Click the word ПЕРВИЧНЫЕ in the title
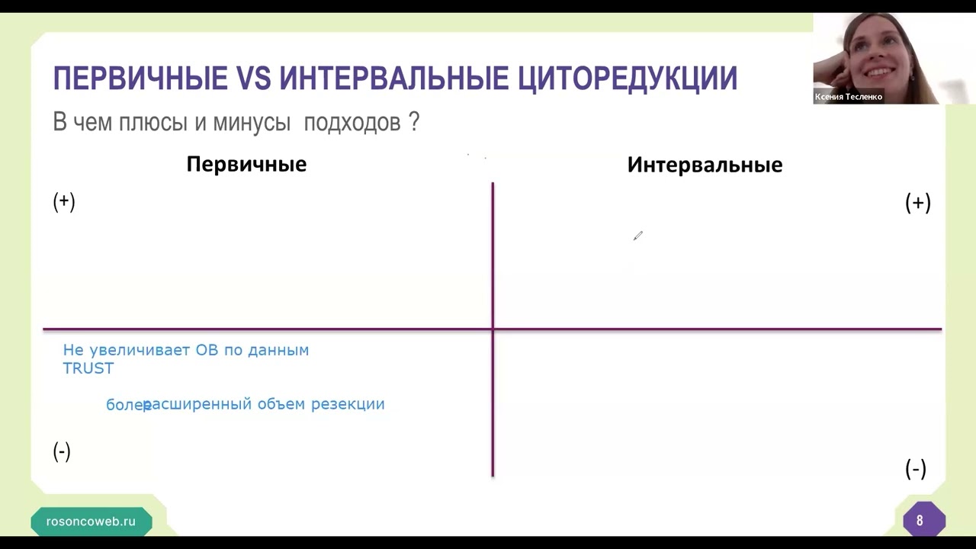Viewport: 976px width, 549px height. (140, 79)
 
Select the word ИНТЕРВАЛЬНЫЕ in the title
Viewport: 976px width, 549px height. (393, 79)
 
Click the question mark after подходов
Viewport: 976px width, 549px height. (414, 122)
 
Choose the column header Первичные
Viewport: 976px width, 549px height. (246, 164)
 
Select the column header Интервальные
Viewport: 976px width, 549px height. (705, 165)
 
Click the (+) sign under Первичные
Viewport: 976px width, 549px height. (64, 201)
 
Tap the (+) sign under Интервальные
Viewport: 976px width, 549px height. (917, 203)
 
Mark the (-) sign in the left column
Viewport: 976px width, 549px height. (62, 451)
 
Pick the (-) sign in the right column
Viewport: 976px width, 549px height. (915, 469)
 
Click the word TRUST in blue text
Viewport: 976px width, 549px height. (88, 368)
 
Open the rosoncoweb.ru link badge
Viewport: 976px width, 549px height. (91, 522)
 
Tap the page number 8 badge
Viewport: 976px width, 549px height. (920, 521)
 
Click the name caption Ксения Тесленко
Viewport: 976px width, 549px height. (848, 97)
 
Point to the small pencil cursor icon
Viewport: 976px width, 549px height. (637, 236)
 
